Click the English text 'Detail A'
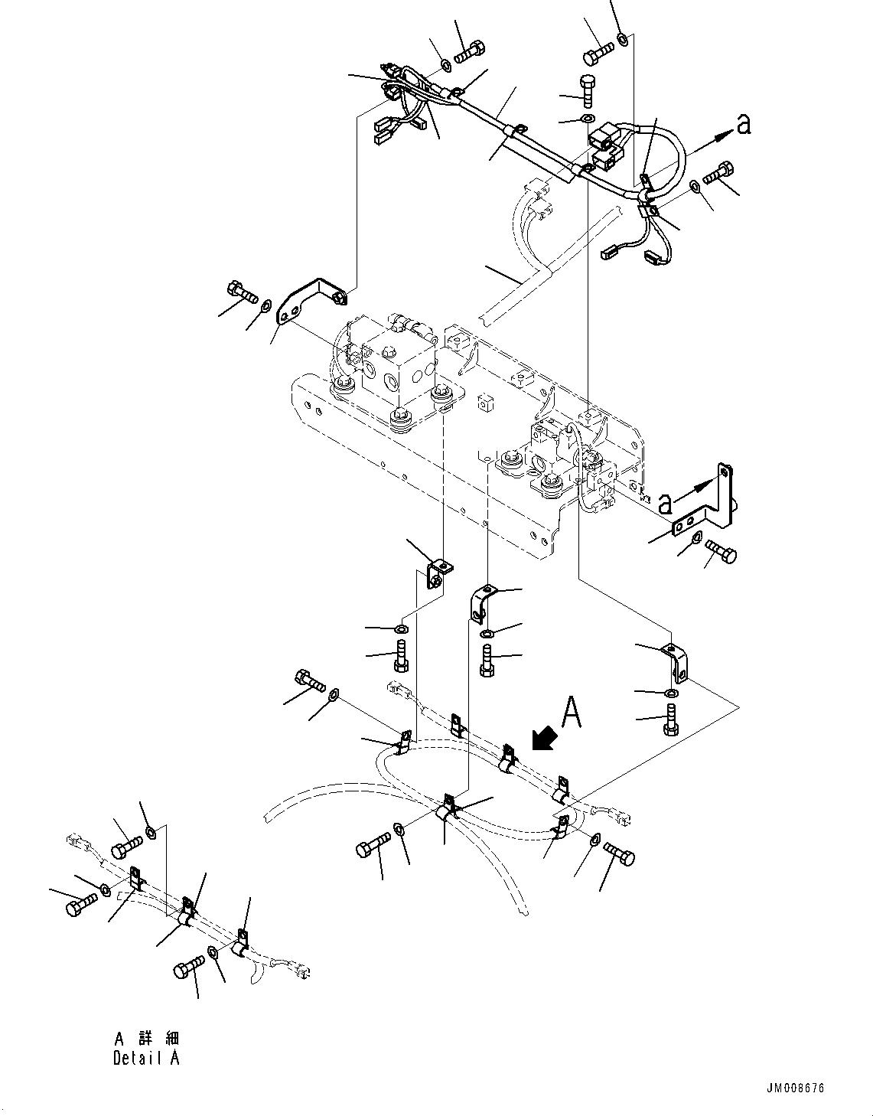146,1059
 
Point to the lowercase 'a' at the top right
743,124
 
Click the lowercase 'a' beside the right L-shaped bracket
666,503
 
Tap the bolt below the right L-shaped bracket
720,551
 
